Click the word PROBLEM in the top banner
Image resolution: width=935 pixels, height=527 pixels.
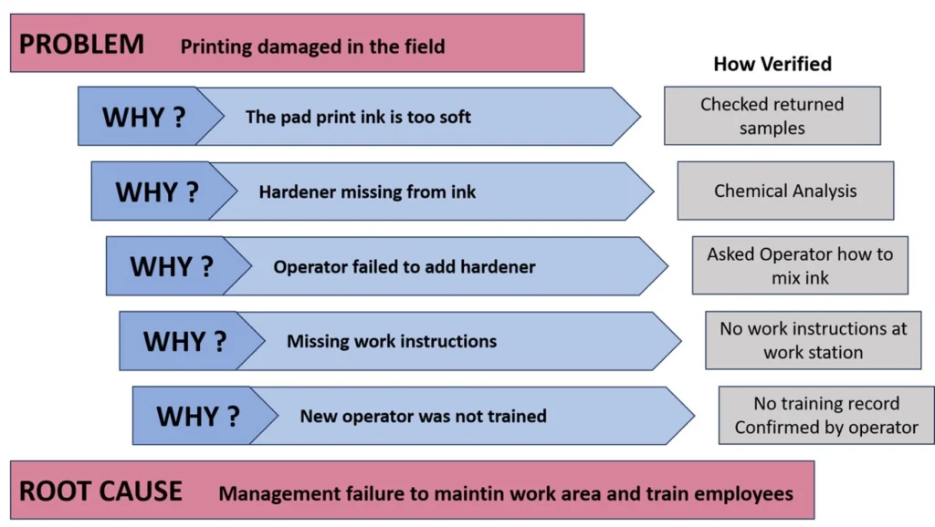81,44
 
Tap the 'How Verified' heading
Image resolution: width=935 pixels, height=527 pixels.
772,64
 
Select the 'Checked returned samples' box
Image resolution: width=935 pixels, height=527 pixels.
772,116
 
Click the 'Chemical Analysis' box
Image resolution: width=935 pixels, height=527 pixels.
785,191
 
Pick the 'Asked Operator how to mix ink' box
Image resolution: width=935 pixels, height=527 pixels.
800,265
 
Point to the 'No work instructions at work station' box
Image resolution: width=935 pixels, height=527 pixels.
814,340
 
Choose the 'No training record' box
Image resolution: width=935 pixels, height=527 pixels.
826,415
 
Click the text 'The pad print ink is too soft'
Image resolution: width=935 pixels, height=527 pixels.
358,117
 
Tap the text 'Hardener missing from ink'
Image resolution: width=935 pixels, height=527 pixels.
367,191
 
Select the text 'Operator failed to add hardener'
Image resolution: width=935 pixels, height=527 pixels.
404,267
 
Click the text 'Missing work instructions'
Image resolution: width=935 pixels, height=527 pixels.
392,341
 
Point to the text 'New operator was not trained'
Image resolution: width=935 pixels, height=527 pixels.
424,416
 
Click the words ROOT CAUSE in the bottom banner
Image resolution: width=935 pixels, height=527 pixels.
100,491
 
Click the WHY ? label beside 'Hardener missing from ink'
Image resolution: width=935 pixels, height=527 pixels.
157,191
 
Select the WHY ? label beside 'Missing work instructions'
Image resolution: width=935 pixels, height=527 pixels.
184,341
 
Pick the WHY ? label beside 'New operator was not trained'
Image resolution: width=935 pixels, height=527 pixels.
198,417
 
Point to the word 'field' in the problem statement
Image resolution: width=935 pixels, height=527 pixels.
425,46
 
